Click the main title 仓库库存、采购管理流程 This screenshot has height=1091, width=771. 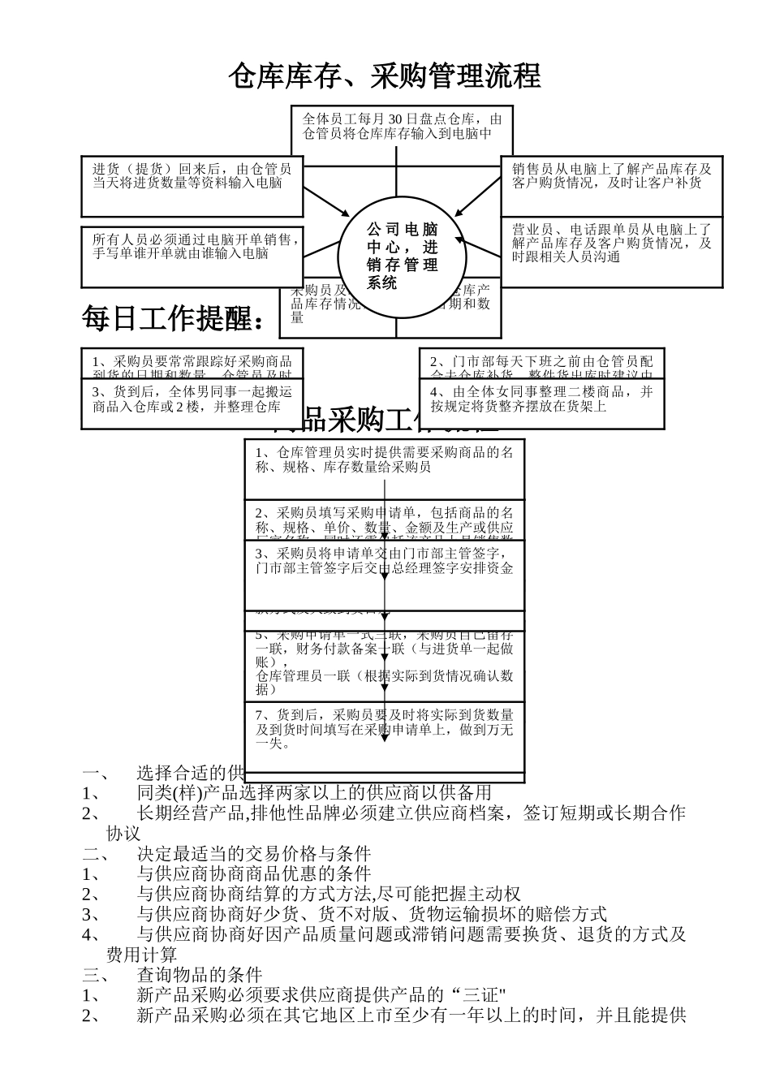coord(384,76)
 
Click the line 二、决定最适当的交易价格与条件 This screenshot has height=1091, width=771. coord(253,854)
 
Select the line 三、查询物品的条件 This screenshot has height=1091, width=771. coord(199,975)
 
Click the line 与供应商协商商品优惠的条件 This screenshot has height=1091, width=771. coord(253,874)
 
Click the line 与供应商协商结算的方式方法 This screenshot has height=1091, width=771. coord(329,895)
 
